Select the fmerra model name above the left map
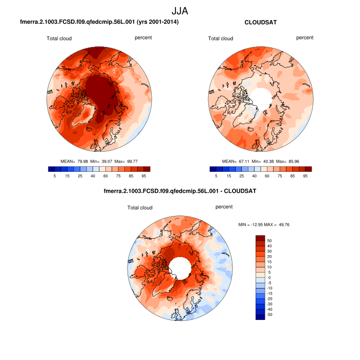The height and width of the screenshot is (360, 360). point(98,22)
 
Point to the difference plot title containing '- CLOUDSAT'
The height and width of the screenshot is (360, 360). point(180,191)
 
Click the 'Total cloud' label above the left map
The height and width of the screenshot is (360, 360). point(59,39)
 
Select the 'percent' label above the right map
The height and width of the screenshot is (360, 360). point(304,38)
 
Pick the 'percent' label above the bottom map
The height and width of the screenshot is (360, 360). point(224,207)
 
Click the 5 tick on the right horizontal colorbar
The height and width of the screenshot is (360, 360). point(216,176)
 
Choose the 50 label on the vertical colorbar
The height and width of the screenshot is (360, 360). point(269,241)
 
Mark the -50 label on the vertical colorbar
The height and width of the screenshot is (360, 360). point(271,314)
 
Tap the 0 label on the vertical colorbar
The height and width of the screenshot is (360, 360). point(268,278)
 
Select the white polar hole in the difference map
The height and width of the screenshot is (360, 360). point(180,268)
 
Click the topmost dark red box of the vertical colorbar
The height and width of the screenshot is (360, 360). point(260,238)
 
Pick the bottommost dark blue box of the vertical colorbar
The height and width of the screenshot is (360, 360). point(260,317)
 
